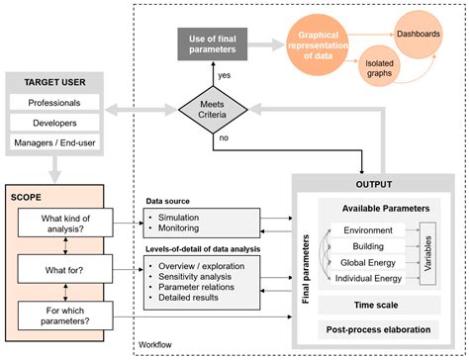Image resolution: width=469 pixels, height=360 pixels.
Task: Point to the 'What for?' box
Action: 63,267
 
